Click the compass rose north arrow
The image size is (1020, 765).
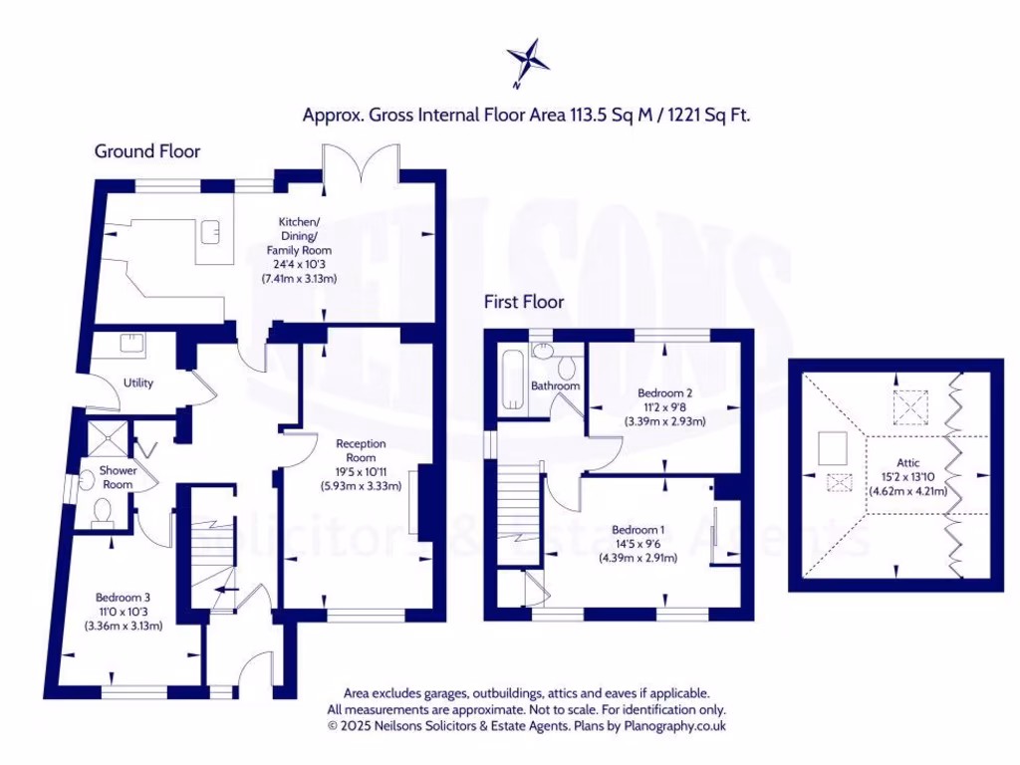pyautogui.click(x=529, y=61)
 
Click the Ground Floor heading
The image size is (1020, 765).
pyautogui.click(x=147, y=151)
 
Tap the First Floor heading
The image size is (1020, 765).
pyautogui.click(x=524, y=301)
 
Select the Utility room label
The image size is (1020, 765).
pyautogui.click(x=138, y=382)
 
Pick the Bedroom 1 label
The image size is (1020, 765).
pyautogui.click(x=637, y=529)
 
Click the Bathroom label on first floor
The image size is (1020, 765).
pyautogui.click(x=555, y=385)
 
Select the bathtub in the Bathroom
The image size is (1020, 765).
pyautogui.click(x=512, y=381)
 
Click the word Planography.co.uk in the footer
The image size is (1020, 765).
pyautogui.click(x=675, y=726)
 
